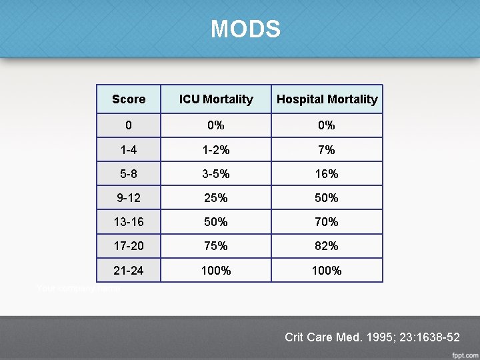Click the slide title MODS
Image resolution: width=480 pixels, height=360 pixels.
click(245, 29)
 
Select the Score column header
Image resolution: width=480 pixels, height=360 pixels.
click(129, 99)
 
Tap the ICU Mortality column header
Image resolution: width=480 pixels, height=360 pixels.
click(216, 99)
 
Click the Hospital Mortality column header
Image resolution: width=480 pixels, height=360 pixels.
click(327, 99)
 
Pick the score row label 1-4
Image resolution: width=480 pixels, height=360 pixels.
click(129, 150)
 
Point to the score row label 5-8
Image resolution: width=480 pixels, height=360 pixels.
click(129, 174)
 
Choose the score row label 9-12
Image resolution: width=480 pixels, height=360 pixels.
click(129, 198)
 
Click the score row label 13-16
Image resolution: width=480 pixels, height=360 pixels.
click(129, 222)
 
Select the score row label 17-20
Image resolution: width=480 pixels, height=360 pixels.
click(129, 246)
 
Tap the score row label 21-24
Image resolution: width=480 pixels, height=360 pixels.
click(129, 270)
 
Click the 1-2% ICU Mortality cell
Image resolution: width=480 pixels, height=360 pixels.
click(216, 150)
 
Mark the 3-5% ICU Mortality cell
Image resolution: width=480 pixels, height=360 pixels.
click(216, 174)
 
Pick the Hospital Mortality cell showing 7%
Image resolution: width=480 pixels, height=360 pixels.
click(327, 150)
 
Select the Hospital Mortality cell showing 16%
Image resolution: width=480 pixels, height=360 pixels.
click(327, 174)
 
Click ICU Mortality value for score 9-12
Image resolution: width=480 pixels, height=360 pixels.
click(216, 198)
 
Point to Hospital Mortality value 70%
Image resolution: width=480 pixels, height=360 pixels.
click(327, 222)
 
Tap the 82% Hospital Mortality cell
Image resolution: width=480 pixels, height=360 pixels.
click(327, 246)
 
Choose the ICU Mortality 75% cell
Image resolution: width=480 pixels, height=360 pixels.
click(216, 246)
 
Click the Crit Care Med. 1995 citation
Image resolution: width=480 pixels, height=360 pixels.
click(372, 337)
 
